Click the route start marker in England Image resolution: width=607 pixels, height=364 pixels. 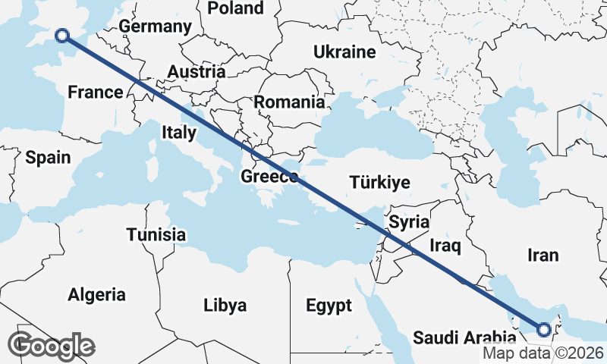[x=62, y=34]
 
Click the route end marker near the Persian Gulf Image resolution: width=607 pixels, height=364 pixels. [x=543, y=329]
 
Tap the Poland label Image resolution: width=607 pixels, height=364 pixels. [x=235, y=8]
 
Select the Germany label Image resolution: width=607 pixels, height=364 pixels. [x=155, y=27]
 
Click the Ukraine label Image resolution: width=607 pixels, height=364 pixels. [x=344, y=52]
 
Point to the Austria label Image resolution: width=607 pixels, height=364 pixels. [x=197, y=71]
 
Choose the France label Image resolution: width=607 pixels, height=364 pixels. [x=95, y=93]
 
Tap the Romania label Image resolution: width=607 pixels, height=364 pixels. [x=288, y=102]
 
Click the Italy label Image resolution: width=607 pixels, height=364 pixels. [x=179, y=133]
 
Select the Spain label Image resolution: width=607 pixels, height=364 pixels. [x=48, y=158]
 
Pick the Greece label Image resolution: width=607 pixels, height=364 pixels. [x=269, y=177]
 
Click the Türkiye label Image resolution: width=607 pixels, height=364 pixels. [x=379, y=182]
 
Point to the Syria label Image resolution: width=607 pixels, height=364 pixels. [x=409, y=222]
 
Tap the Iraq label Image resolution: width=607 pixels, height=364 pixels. [x=445, y=246]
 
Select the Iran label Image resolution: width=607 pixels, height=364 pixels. [x=543, y=255]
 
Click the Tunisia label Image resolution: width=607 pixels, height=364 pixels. [x=156, y=234]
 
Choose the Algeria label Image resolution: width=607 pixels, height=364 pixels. [x=97, y=294]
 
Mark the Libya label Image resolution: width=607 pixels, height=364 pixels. [x=225, y=306]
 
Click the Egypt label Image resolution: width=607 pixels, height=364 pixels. [x=329, y=306]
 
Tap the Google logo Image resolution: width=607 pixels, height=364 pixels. [x=52, y=345]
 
